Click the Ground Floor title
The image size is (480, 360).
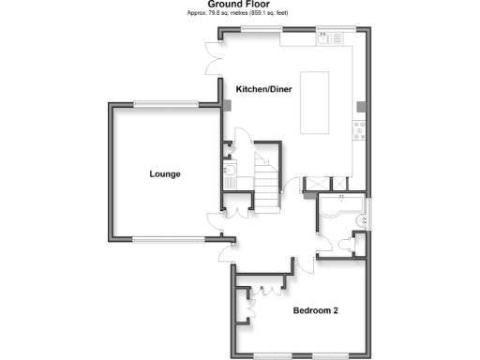(239, 5)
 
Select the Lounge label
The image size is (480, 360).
(164, 174)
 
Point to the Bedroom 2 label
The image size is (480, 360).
(315, 311)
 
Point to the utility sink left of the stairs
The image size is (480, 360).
(231, 171)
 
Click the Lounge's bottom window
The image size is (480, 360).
(170, 240)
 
